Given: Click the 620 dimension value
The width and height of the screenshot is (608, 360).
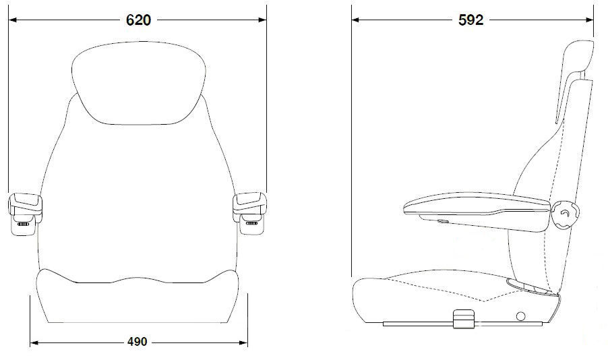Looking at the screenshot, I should [x=138, y=20].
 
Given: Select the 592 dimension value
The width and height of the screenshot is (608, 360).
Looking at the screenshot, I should [x=470, y=20].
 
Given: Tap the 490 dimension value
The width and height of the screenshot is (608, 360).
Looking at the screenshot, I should [x=137, y=342].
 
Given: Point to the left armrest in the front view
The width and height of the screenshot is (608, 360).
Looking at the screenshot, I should [x=24, y=212].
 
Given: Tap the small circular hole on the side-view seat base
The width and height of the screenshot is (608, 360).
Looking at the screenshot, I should [x=520, y=316].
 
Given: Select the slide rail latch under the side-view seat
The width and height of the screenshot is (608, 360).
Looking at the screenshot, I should [x=463, y=319].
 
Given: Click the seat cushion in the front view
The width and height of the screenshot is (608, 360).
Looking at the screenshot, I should [x=138, y=300].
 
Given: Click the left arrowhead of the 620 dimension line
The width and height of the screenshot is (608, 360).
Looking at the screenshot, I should [x=11, y=20].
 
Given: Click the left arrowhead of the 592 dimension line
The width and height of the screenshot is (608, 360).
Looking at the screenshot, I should [x=355, y=20].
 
